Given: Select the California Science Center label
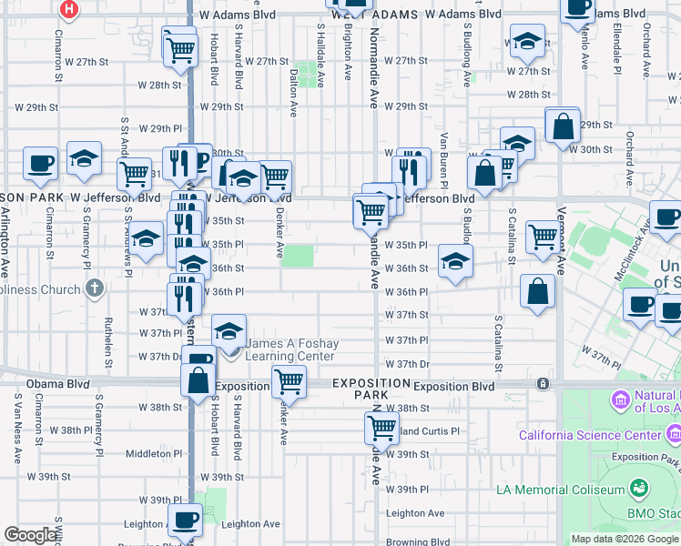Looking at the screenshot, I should point(590,435).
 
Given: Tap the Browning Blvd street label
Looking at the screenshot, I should point(417,541).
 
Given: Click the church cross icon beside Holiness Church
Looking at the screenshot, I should point(94,289).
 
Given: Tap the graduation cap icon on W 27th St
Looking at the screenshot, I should point(527,41).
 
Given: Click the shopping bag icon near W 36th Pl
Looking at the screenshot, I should point(538,291).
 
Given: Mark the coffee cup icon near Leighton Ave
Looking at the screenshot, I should point(185,521).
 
